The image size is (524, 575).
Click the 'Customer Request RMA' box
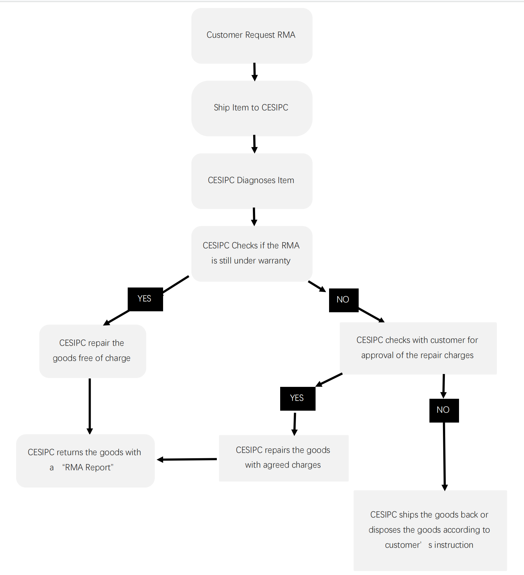(252, 36)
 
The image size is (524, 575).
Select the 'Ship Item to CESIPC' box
(252, 108)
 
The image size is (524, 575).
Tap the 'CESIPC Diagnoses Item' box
(252, 181)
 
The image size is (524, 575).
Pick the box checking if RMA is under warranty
(252, 254)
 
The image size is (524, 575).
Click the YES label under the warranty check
(145, 299)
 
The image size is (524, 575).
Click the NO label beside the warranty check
(344, 300)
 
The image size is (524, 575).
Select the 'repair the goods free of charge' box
(93, 351)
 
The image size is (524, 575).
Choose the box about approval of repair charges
(418, 348)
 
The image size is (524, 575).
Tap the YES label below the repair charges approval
(298, 398)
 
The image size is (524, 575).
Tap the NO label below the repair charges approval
(444, 410)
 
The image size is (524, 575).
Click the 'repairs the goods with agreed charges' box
(284, 458)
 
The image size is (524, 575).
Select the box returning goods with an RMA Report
(85, 461)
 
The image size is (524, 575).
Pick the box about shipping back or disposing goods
(430, 531)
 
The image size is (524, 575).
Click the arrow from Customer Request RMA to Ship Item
(254, 72)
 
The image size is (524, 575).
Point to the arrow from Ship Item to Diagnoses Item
(254, 144)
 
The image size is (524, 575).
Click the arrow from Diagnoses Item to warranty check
(254, 217)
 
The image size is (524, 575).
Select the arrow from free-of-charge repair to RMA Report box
(90, 406)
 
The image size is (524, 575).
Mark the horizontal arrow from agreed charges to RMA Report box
(187, 460)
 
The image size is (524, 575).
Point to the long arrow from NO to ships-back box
(445, 457)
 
